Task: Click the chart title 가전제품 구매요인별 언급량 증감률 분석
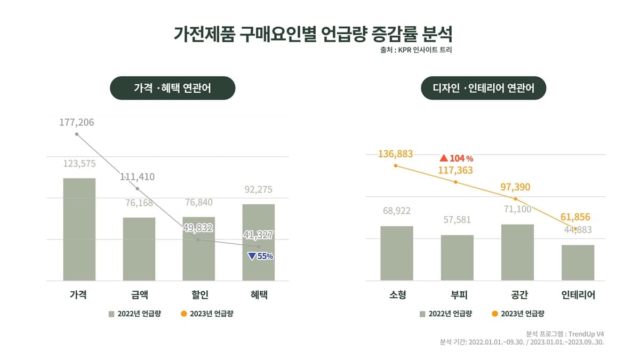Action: (x=313, y=34)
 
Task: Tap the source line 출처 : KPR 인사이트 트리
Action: (x=416, y=50)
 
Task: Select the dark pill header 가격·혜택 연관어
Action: (x=173, y=88)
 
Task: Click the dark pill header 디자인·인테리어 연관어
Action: (x=483, y=88)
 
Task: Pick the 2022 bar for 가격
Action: (x=79, y=229)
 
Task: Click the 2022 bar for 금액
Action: (x=139, y=249)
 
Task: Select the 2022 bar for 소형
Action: (x=397, y=253)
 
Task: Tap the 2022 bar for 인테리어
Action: (x=578, y=263)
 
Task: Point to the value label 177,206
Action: (x=77, y=122)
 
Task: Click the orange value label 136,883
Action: (x=395, y=154)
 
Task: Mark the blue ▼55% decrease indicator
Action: (x=261, y=257)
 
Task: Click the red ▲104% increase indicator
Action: (x=457, y=158)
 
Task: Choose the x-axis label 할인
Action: (x=199, y=294)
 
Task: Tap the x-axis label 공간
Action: (x=519, y=294)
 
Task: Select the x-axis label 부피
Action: (x=459, y=294)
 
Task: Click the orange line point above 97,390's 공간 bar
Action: (x=515, y=199)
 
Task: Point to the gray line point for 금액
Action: (x=138, y=189)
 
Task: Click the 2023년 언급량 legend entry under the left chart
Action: (x=207, y=314)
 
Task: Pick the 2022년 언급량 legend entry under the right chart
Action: (x=446, y=314)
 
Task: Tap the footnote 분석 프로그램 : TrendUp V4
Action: (x=565, y=334)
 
